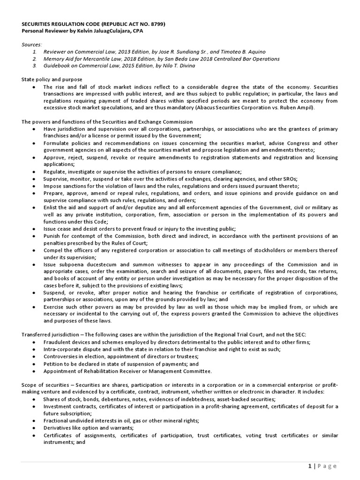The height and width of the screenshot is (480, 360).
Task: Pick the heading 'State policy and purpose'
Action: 52,80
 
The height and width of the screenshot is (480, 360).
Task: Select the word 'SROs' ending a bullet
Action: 289,179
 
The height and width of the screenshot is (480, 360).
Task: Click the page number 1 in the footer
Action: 310,466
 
